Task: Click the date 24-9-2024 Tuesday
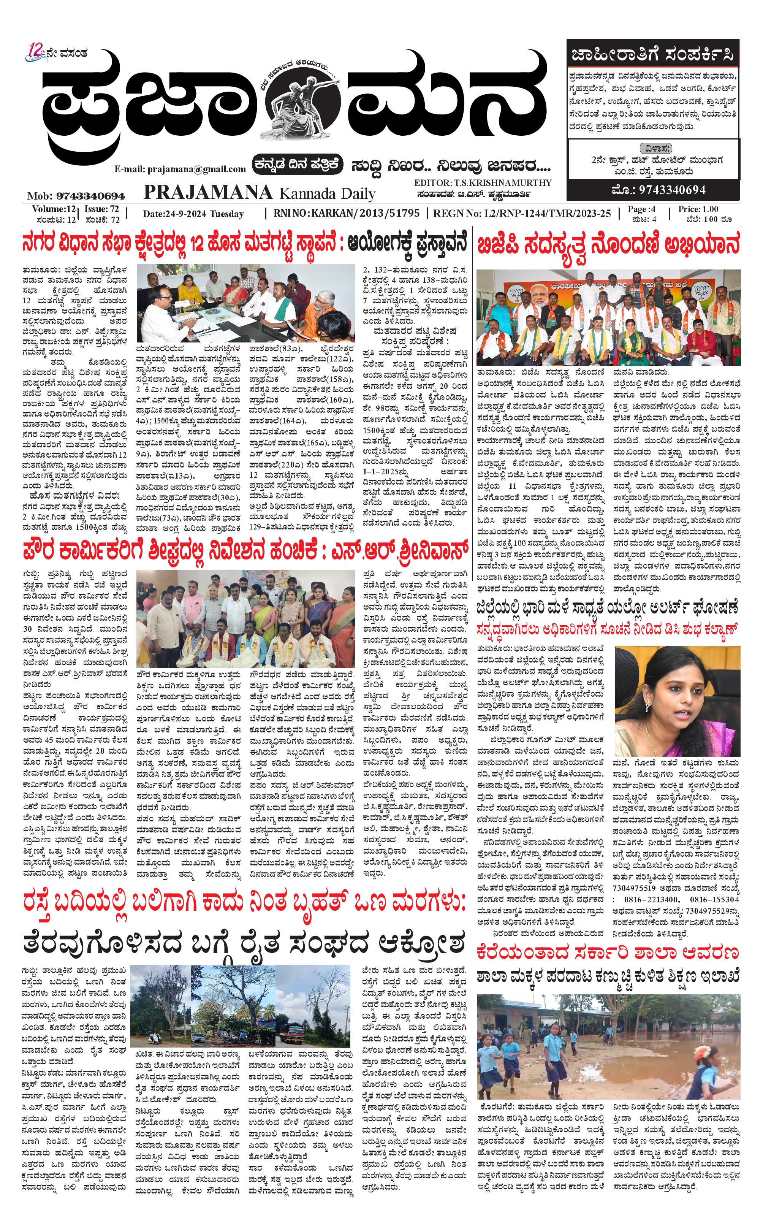click(193, 214)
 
